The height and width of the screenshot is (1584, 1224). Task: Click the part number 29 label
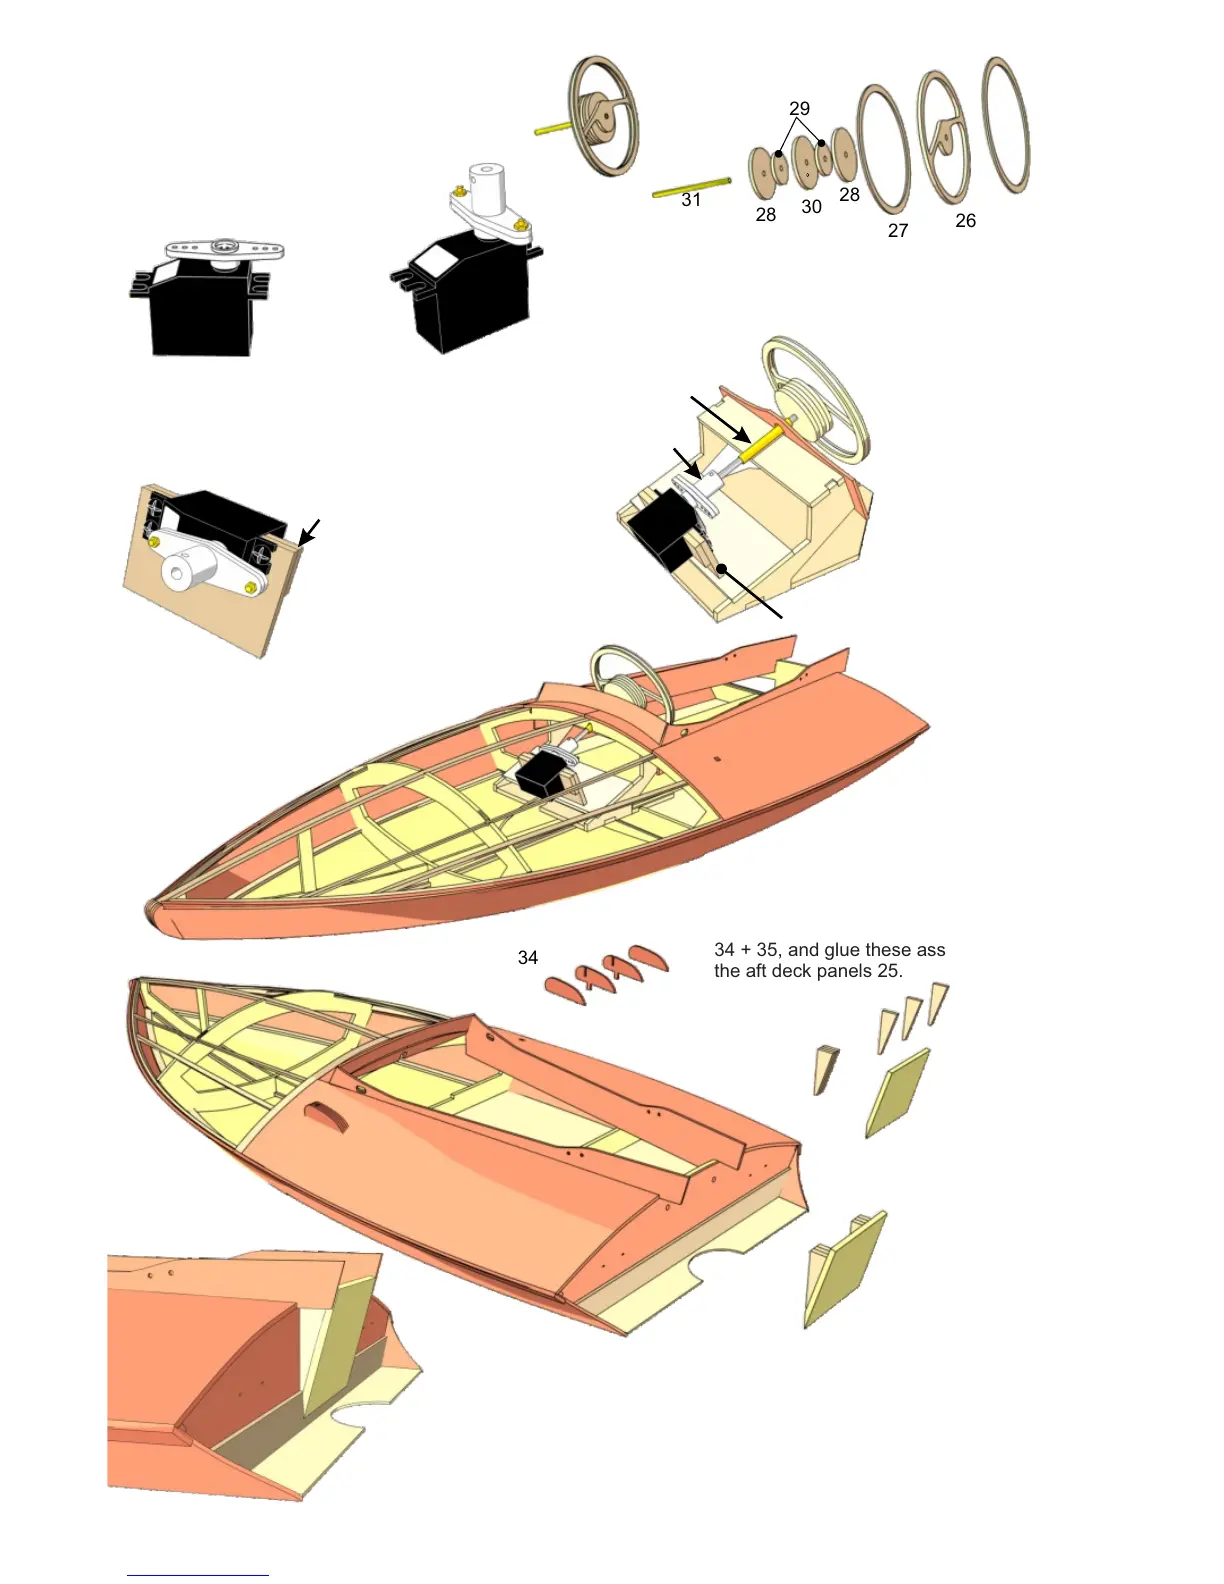799,108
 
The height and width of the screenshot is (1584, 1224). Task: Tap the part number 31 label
691,200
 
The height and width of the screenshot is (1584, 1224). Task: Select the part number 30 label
811,207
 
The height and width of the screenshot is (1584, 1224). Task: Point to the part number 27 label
898,231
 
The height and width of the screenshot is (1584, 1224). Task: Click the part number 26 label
965,221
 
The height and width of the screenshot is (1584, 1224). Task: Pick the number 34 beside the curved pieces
528,958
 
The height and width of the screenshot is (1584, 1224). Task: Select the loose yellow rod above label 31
691,187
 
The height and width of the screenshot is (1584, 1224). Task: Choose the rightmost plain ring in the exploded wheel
1006,125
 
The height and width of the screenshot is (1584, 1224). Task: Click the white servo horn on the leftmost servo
225,247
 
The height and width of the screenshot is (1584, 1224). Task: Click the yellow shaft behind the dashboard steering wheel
760,442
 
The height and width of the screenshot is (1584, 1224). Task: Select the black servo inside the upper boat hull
539,774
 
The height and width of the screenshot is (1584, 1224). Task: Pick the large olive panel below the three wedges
897,1092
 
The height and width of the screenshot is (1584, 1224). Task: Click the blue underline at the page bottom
197,1575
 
